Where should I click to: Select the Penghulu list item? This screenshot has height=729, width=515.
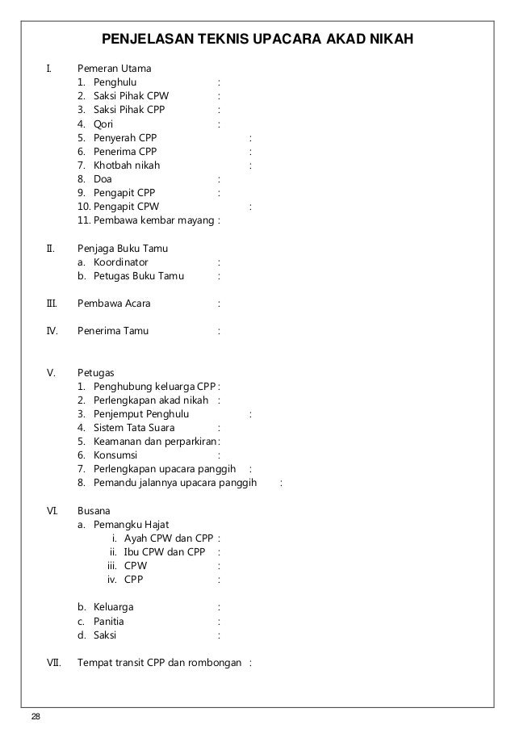115,82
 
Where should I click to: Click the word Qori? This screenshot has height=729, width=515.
103,124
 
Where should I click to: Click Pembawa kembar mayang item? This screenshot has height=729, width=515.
154,220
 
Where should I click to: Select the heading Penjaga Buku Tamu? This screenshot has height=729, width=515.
123,248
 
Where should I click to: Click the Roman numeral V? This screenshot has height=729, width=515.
51,373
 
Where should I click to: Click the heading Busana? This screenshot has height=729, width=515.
94,510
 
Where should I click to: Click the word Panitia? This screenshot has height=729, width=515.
109,622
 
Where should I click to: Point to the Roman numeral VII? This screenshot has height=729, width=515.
54,663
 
